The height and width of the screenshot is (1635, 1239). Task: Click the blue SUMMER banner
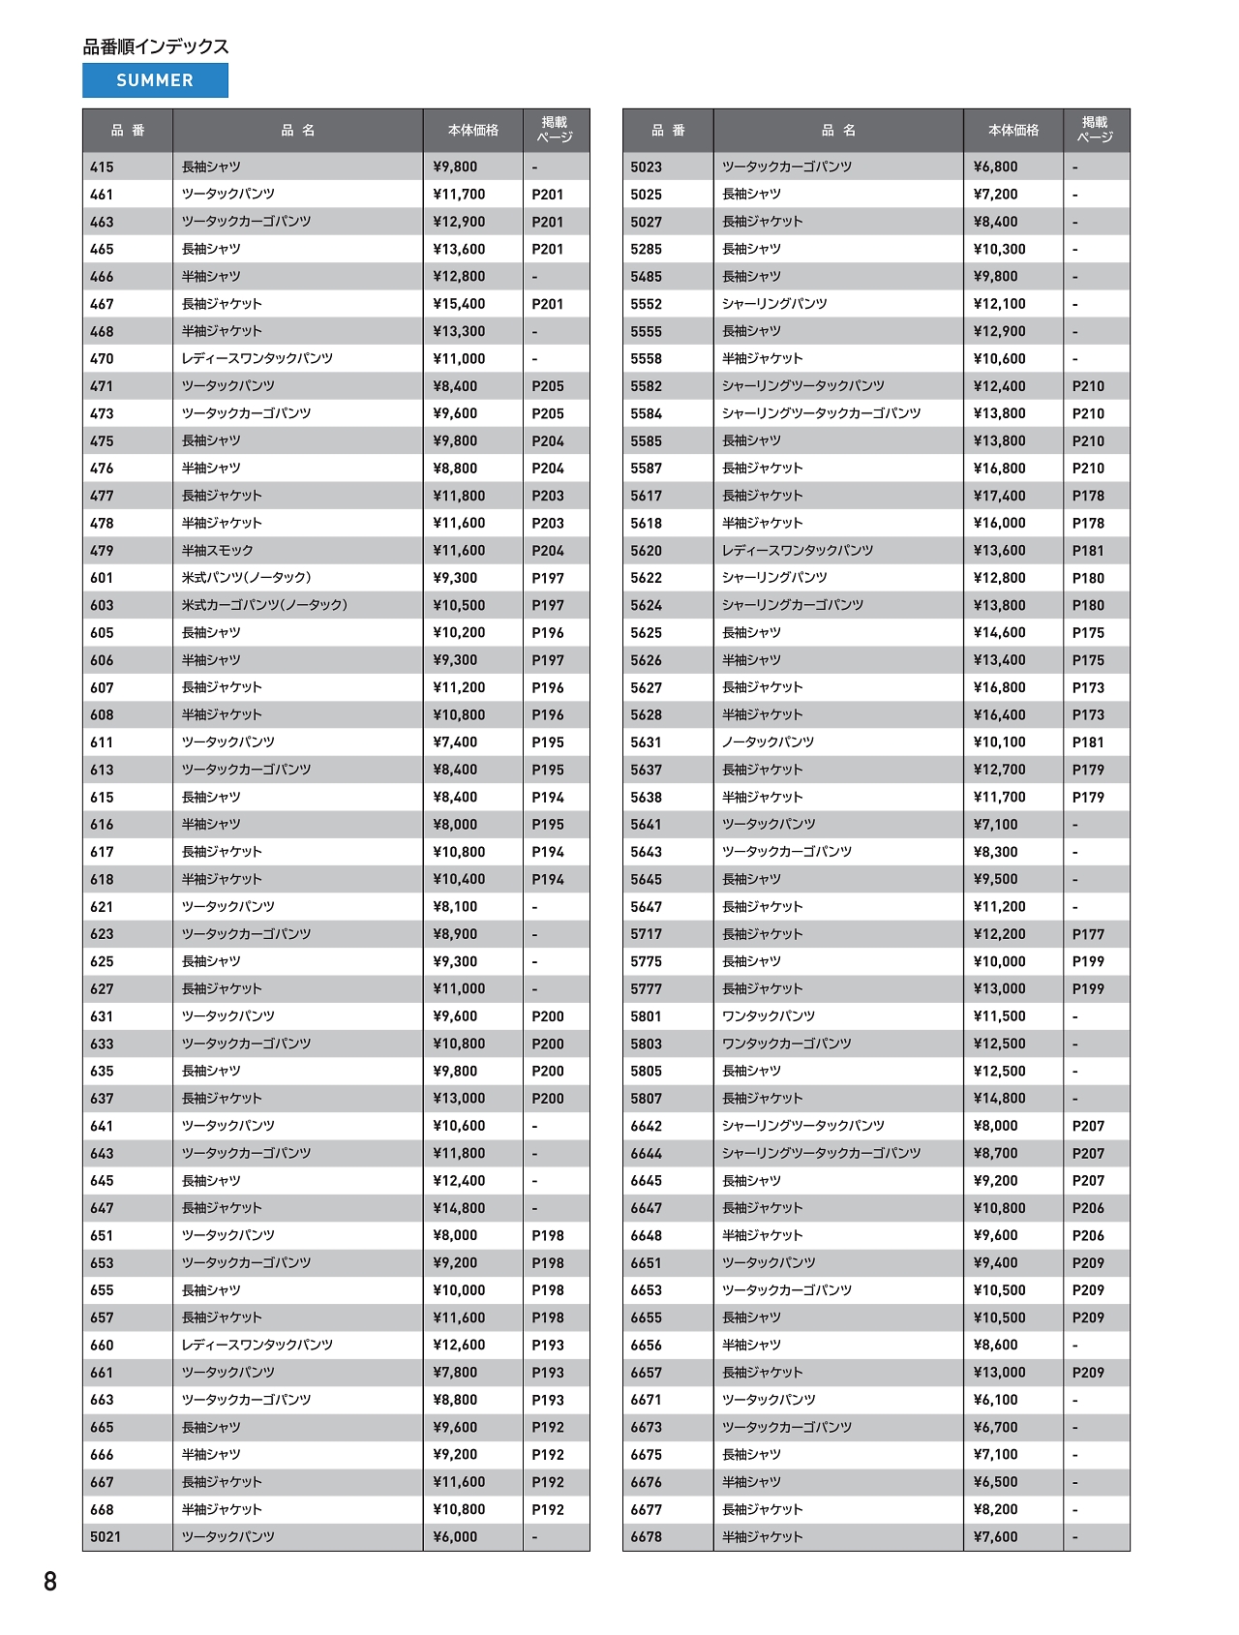[x=155, y=80]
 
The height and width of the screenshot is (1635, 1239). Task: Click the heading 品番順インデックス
[x=156, y=46]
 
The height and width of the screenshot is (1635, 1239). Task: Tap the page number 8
[x=50, y=1581]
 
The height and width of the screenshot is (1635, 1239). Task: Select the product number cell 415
[x=102, y=167]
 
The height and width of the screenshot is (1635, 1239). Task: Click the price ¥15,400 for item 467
[x=459, y=304]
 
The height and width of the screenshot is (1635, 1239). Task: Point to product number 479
[x=102, y=551]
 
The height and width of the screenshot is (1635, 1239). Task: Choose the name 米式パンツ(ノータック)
[x=246, y=578]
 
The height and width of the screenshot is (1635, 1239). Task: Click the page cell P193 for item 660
[x=547, y=1345]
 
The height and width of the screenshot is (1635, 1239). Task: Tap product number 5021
[x=106, y=1536]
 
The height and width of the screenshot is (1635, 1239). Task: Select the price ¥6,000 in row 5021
[x=455, y=1536]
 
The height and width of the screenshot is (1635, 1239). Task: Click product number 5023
[x=646, y=167]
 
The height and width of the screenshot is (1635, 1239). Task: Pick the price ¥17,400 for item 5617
[x=999, y=496]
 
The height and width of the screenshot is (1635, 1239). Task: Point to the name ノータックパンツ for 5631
[x=768, y=742]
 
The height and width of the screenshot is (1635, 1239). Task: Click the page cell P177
[x=1088, y=934]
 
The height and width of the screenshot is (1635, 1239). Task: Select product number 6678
[x=646, y=1536]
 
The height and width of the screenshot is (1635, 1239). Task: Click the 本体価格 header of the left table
[x=472, y=131]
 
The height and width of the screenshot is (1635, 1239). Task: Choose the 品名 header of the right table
[x=838, y=131]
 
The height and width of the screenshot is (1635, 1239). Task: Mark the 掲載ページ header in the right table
[x=1095, y=130]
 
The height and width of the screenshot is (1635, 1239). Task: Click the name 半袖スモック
[x=217, y=551]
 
